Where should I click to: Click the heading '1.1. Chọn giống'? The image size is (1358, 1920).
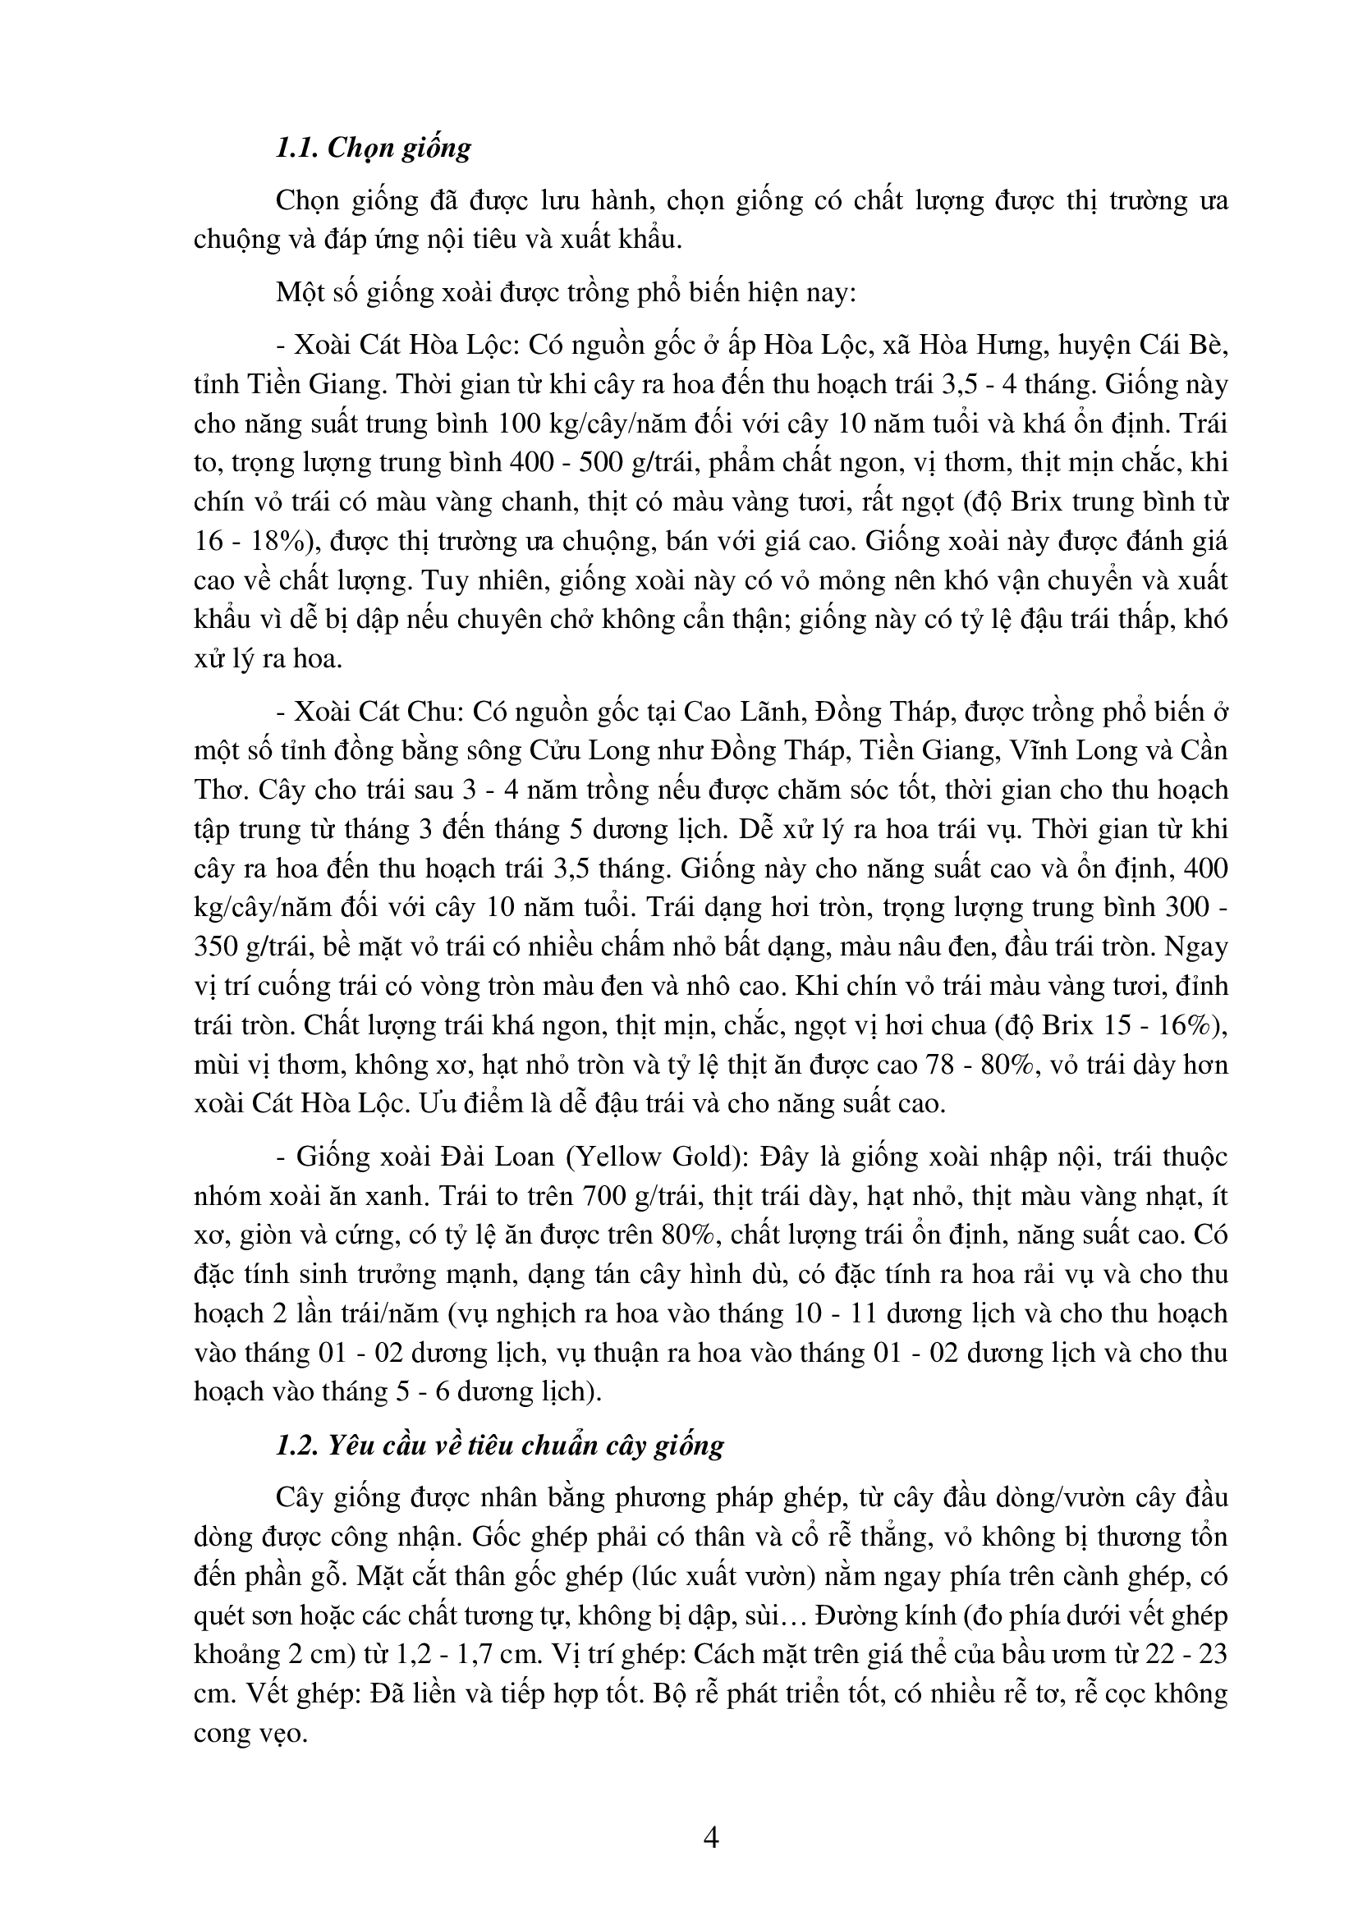coord(373,147)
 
